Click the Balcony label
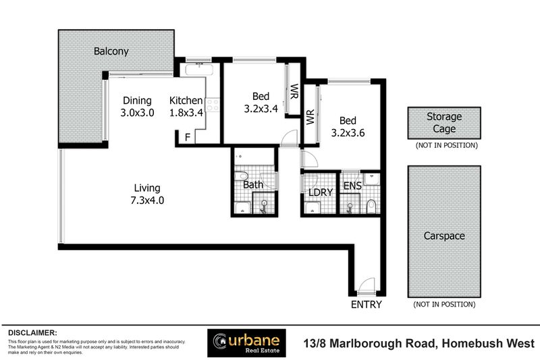(111, 51)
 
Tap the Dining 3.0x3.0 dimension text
(138, 113)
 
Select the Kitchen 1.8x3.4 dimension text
(186, 113)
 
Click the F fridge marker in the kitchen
(187, 138)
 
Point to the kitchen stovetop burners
(213, 105)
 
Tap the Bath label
(253, 184)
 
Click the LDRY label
(321, 192)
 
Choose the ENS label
(352, 186)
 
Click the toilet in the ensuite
(371, 205)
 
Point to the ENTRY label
(367, 305)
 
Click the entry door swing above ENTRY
(367, 286)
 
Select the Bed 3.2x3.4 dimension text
(261, 107)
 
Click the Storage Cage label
(444, 123)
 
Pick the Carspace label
(443, 236)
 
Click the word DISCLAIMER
(32, 333)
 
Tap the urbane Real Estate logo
(246, 342)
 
